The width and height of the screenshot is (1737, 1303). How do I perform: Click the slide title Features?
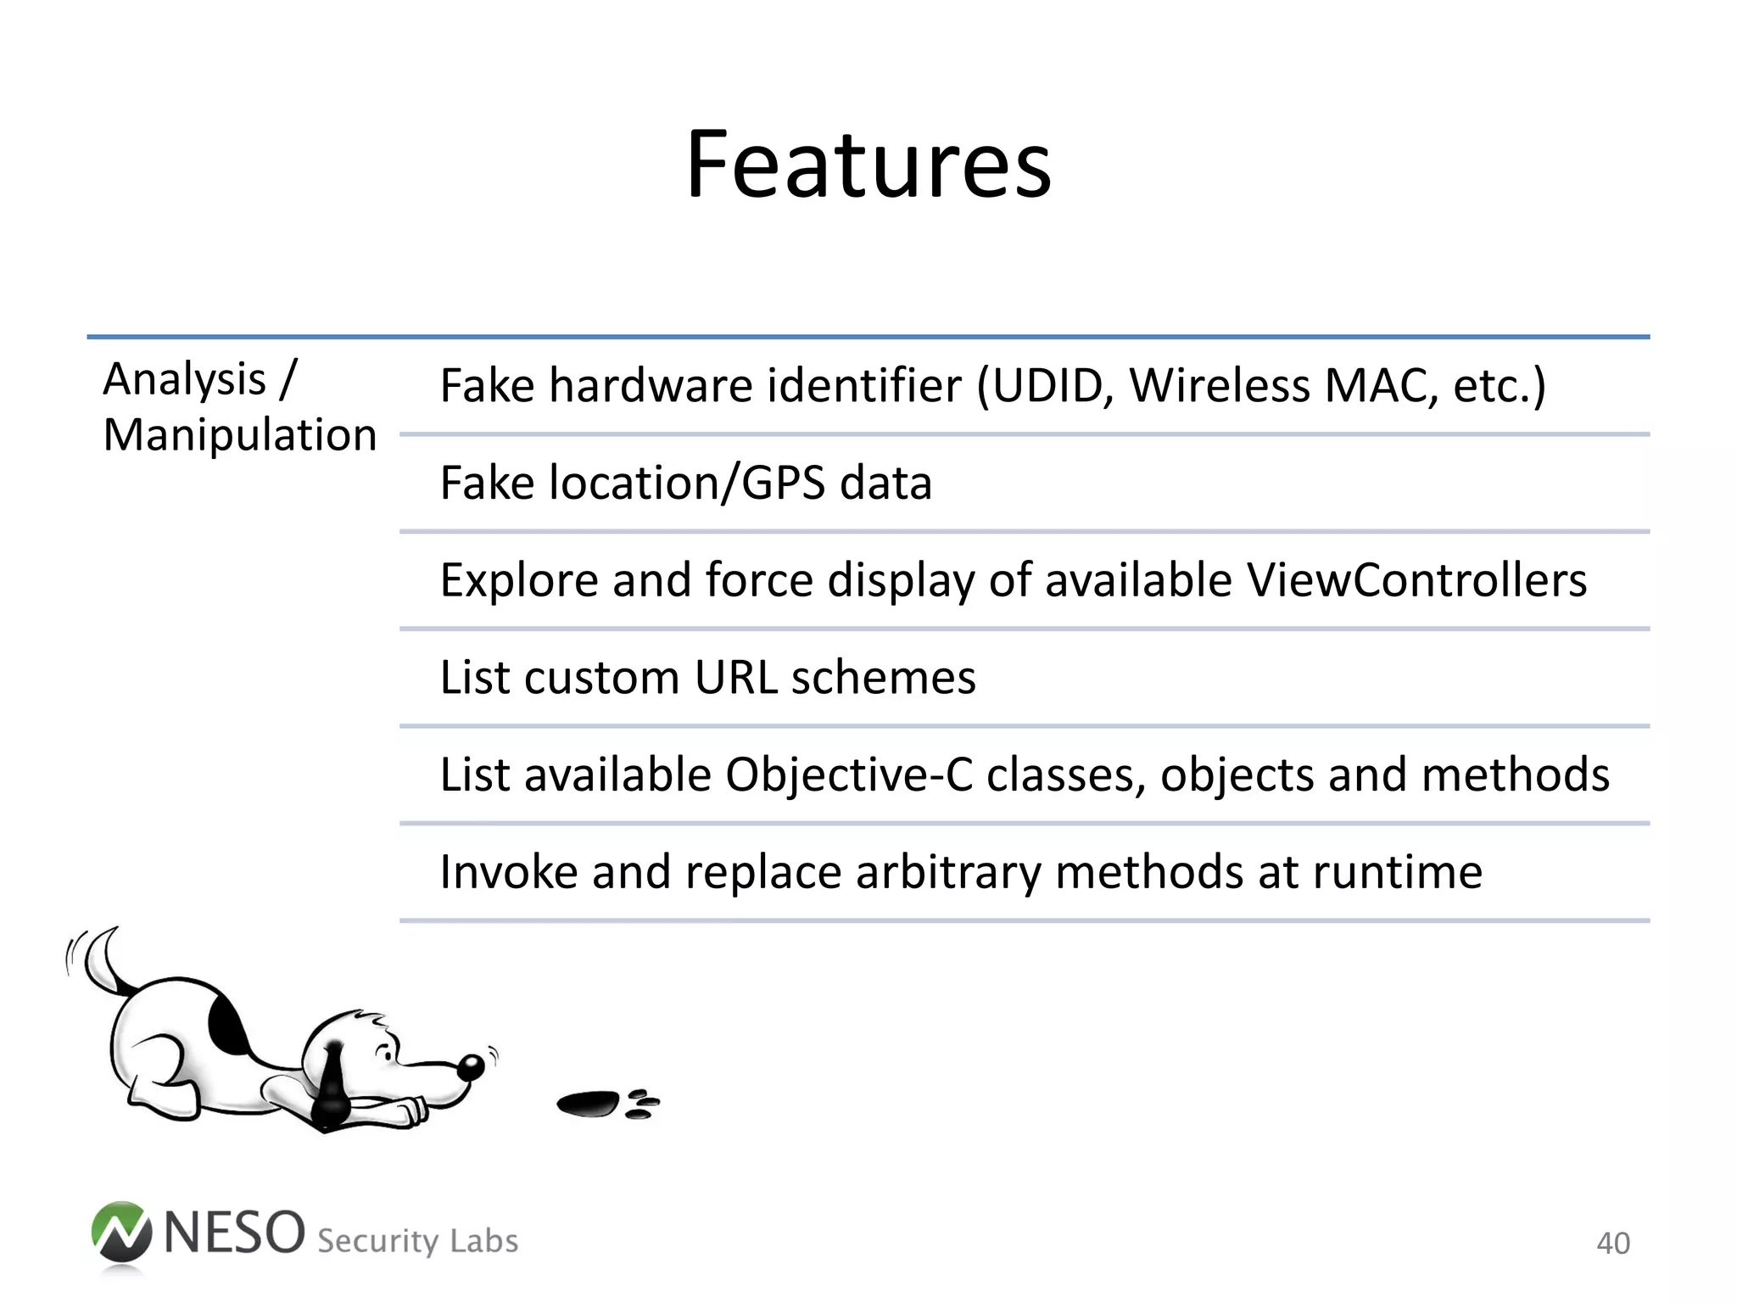pos(868,165)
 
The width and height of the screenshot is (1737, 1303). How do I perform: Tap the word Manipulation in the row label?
pos(239,436)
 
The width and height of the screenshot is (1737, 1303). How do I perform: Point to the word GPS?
pos(783,484)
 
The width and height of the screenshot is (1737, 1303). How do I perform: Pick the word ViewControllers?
pos(1416,581)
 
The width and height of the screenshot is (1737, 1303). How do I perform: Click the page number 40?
pos(1612,1244)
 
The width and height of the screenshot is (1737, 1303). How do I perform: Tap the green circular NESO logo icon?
pos(121,1233)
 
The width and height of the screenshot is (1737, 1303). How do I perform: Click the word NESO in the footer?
pos(234,1233)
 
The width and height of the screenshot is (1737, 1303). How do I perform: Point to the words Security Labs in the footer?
pos(417,1241)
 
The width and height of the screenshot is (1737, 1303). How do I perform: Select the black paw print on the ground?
pos(589,1104)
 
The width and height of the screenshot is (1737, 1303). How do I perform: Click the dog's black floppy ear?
pos(332,1086)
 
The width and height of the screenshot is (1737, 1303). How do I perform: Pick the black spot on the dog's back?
pos(226,1025)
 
